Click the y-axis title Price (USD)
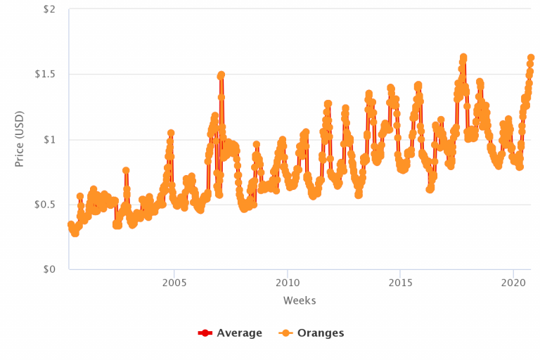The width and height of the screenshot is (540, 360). (20, 139)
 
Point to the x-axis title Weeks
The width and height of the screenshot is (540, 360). (300, 301)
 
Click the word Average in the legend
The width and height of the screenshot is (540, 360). (239, 333)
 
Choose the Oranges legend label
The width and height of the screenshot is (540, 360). (321, 333)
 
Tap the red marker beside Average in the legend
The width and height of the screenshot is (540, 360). (205, 333)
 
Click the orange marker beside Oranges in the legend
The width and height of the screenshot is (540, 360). (287, 333)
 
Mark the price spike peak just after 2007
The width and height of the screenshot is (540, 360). (221, 75)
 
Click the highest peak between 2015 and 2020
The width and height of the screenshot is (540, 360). (464, 57)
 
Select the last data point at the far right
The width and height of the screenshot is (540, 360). (531, 58)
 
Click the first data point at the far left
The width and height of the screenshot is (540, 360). (70, 224)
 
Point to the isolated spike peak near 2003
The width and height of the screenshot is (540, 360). (126, 171)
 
